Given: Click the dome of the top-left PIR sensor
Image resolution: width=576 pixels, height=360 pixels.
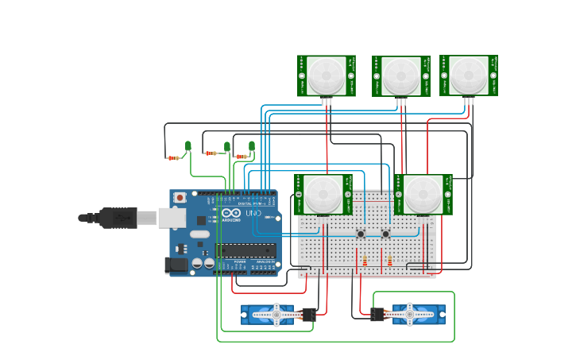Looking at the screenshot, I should [x=326, y=75].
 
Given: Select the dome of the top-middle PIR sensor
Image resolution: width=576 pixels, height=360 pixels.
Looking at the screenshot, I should [x=400, y=76].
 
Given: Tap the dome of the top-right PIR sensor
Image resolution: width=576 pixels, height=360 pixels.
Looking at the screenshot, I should [x=468, y=75].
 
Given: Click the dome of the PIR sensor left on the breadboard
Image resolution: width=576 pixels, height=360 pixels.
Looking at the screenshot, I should [x=323, y=194].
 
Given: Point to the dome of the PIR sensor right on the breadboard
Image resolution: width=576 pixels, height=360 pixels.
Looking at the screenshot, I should [x=423, y=194].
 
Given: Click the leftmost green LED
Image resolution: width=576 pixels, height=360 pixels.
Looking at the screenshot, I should [x=188, y=145].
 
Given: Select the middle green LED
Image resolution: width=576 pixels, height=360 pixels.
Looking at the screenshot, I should [x=226, y=146].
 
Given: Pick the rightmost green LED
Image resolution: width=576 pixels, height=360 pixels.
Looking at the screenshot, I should [x=252, y=146].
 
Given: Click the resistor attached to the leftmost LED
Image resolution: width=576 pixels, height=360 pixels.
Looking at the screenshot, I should [x=173, y=158].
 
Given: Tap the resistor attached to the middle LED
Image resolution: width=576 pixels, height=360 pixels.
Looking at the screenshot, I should [x=211, y=153].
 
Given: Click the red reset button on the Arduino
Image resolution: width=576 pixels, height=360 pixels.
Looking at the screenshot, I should [x=180, y=197].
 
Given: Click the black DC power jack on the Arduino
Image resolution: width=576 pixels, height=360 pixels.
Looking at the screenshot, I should [x=176, y=265].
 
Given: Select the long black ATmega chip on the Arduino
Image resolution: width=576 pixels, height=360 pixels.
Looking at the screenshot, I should [x=248, y=250].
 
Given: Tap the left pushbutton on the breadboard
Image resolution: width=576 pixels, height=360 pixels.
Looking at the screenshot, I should [x=361, y=234].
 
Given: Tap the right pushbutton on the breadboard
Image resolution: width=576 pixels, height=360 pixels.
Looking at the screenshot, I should [x=386, y=234].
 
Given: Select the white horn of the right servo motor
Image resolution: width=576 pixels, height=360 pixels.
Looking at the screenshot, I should [x=410, y=315].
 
